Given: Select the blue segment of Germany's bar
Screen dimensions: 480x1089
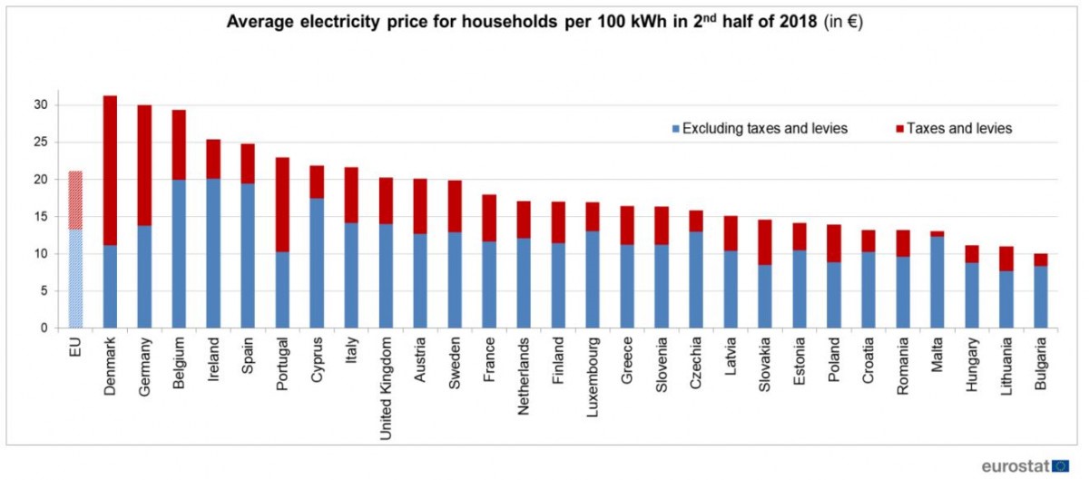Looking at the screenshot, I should coord(144,277).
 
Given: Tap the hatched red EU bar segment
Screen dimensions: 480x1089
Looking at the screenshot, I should coord(75,200).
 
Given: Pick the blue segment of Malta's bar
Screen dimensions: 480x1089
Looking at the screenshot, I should coord(937,282).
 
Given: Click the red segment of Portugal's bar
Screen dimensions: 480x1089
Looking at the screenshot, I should coord(283,204).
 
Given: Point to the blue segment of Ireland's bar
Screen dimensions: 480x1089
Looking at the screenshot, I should coord(214,253).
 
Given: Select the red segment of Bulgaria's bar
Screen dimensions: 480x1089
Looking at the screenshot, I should coord(1040,260).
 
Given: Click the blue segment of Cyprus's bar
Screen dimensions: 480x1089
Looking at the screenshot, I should coord(318,263).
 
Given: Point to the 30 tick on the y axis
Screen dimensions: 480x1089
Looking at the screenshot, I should coord(41,105).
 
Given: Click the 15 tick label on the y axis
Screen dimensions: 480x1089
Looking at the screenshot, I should coord(41,217).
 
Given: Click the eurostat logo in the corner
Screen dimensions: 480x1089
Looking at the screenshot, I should coord(1025,465).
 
